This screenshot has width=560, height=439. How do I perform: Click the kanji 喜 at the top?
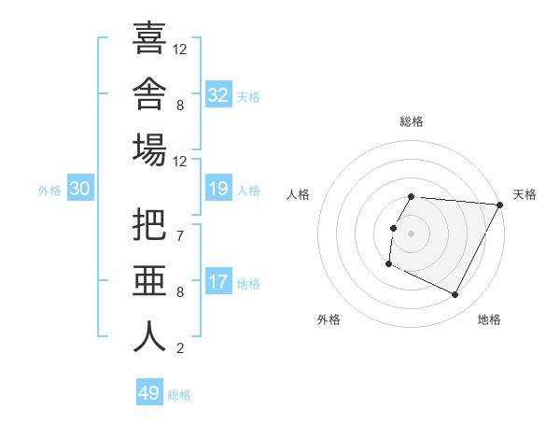point(149,37)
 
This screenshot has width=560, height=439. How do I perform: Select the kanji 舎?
point(149,93)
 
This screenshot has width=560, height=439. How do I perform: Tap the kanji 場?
point(149,149)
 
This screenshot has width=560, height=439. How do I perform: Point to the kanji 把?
point(149,224)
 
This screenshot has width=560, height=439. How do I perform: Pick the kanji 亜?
point(149,280)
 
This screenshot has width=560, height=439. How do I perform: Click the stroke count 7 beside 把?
point(180,236)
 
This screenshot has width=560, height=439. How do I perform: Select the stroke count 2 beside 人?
point(180,348)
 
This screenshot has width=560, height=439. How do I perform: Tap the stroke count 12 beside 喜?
point(179,50)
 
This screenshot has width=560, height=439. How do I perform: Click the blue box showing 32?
point(218,93)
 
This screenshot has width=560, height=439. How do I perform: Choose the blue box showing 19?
point(218,188)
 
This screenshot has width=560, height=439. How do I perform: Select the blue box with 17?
point(218,280)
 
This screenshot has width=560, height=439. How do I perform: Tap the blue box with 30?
point(80,188)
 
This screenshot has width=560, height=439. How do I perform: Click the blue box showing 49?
point(149,391)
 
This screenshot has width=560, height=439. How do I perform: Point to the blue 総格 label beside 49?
point(179,395)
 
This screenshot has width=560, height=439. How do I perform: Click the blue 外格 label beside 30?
point(49,191)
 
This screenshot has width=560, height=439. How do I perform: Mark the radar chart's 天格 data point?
point(500,205)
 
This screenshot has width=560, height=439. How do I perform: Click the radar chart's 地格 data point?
point(455,294)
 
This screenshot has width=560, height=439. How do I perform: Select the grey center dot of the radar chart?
point(411,234)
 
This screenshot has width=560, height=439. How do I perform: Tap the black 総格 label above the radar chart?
point(412,121)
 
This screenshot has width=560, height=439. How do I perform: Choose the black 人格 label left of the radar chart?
point(298,194)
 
